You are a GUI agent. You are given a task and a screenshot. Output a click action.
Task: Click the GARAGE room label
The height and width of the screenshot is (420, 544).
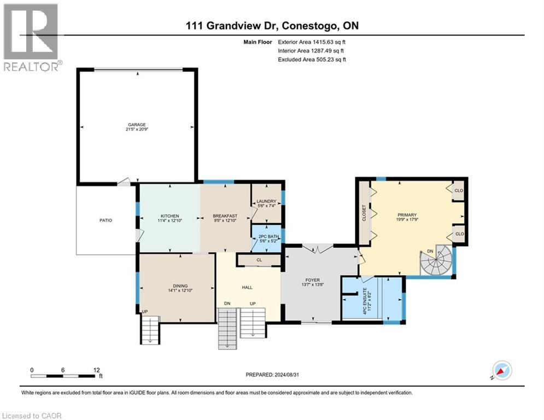pos(137,125)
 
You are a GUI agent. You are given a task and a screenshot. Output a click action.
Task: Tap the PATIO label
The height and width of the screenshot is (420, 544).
pos(106,220)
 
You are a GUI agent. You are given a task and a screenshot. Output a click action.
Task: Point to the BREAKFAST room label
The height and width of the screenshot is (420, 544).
pos(224,216)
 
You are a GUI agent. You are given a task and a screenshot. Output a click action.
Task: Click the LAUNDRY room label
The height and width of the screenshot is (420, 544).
pos(266,201)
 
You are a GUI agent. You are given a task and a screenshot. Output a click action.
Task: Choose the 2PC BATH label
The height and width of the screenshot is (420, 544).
pos(266,236)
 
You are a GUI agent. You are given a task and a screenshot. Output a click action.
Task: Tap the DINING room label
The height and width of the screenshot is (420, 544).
pos(180,286)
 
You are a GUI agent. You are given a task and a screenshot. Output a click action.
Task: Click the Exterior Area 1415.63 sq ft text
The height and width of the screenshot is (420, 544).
pos(312,42)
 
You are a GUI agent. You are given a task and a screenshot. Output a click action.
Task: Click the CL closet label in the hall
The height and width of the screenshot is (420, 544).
pos(259,260)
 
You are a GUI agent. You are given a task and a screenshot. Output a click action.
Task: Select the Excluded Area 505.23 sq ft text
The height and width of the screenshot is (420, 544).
pos(312,60)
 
